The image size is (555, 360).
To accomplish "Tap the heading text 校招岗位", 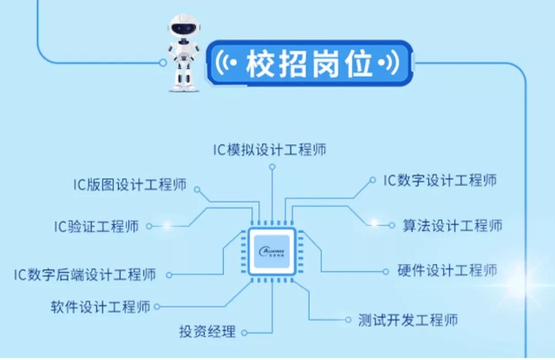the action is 309,65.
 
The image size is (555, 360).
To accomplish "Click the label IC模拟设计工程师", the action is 270,150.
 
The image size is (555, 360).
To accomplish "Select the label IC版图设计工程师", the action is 129,184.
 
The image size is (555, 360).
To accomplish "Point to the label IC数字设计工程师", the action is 440,180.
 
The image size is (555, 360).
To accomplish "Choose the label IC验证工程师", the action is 97,226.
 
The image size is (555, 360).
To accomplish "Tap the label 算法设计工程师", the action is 452,225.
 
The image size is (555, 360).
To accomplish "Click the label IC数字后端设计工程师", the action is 85,274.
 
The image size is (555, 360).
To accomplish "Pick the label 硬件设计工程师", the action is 448,270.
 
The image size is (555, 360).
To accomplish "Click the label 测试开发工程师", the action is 408,320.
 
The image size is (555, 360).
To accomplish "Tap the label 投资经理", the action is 207,332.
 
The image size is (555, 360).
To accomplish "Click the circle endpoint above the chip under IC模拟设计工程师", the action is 272,167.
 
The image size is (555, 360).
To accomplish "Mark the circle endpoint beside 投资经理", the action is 244,332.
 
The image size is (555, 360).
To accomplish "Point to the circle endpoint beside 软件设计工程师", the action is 157,307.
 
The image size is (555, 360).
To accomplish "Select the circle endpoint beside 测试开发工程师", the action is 348,320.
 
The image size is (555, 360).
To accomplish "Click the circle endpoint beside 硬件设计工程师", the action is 386,271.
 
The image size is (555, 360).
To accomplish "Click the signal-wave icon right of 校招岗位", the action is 389,64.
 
